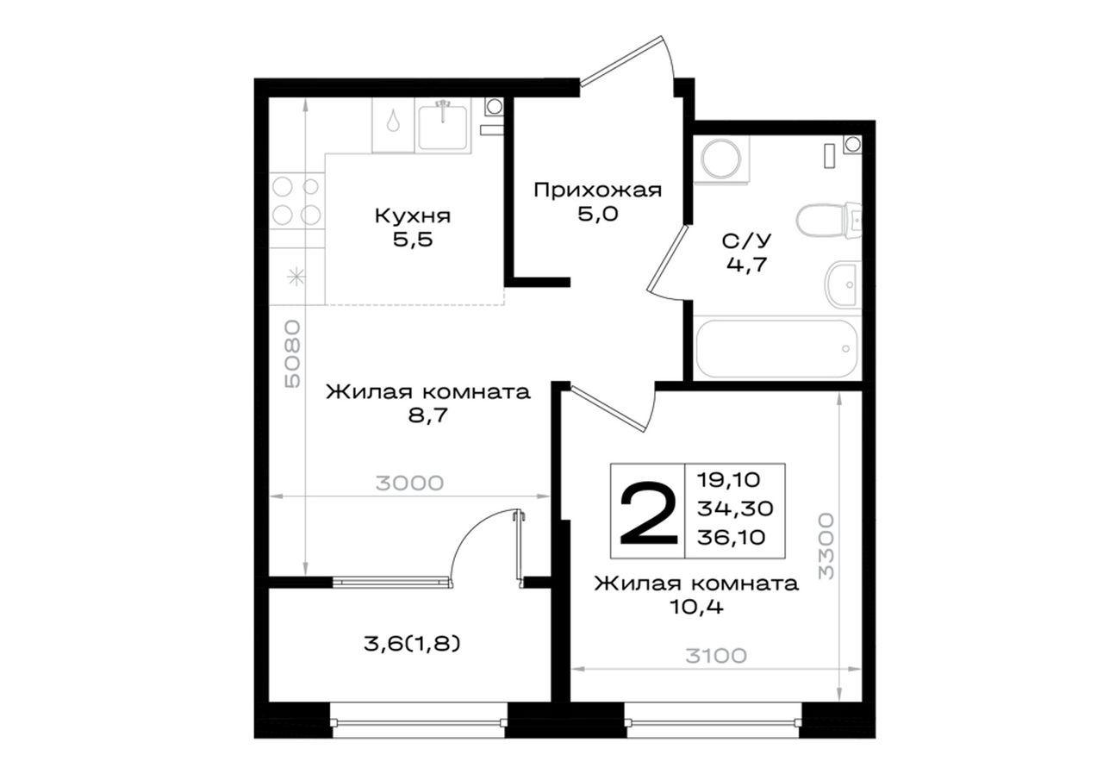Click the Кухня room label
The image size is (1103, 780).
413,216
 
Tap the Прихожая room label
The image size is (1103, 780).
598,191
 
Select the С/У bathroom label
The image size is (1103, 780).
747,241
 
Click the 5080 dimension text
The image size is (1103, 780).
292,353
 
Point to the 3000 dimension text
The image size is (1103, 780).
409,484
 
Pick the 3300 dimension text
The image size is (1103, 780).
826,546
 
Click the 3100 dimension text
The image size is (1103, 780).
716,655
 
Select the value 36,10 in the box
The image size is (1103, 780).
732,537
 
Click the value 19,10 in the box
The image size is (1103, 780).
729,479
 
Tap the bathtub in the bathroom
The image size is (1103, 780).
777,349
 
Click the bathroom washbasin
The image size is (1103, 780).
843,284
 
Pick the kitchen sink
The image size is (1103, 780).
442,127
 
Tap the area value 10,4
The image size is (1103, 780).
696,608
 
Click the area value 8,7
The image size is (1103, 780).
427,415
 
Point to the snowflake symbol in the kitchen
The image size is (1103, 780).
296,277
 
